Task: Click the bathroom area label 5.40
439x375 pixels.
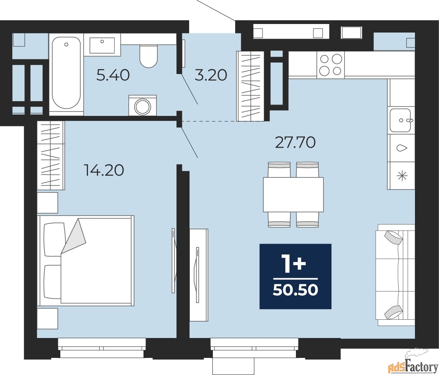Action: [x=113, y=75]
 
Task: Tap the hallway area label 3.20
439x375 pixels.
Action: [x=211, y=75]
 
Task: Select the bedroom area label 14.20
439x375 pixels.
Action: [x=104, y=170]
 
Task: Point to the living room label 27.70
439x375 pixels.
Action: [x=296, y=142]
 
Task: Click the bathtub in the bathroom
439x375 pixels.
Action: [x=66, y=74]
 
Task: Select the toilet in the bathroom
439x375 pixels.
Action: [x=149, y=56]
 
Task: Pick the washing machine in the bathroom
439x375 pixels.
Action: [x=143, y=105]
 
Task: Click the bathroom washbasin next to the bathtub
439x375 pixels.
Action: [x=102, y=46]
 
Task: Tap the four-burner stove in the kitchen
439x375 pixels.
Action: [x=331, y=65]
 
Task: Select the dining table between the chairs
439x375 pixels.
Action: [x=293, y=194]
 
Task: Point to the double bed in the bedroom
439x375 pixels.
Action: [x=86, y=260]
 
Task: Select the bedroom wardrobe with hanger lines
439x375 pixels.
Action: [x=51, y=156]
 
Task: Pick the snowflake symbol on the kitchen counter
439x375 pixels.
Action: [x=402, y=176]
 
